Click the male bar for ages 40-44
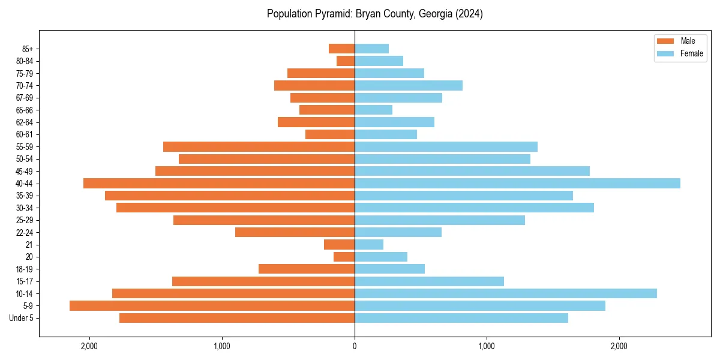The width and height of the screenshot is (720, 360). pyautogui.click(x=219, y=184)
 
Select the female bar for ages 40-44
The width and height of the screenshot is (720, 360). pyautogui.click(x=517, y=184)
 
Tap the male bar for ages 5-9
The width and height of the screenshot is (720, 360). pyautogui.click(x=212, y=306)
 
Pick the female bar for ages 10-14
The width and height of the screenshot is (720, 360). pyautogui.click(x=506, y=293)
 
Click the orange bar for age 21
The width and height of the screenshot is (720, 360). pyautogui.click(x=339, y=245)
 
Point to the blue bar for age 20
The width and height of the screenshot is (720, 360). pyautogui.click(x=381, y=257)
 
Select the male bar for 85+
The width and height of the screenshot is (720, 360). pyautogui.click(x=341, y=49)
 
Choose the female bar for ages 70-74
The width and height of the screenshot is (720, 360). pyautogui.click(x=409, y=86)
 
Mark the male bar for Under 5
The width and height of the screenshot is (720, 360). pyautogui.click(x=237, y=318)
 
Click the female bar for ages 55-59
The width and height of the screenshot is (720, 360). pyautogui.click(x=446, y=147)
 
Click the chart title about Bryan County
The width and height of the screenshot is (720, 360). pyautogui.click(x=375, y=14)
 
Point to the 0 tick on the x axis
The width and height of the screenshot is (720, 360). pyautogui.click(x=355, y=346)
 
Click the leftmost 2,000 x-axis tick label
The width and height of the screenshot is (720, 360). pyautogui.click(x=89, y=346)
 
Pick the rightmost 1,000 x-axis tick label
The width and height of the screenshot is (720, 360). pyautogui.click(x=487, y=346)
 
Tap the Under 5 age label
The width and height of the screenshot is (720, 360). pyautogui.click(x=21, y=318)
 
